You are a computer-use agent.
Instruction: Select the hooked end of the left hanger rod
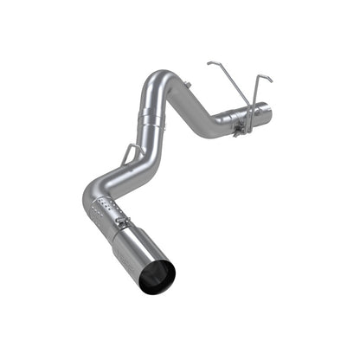pyautogui.click(x=210, y=62)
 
